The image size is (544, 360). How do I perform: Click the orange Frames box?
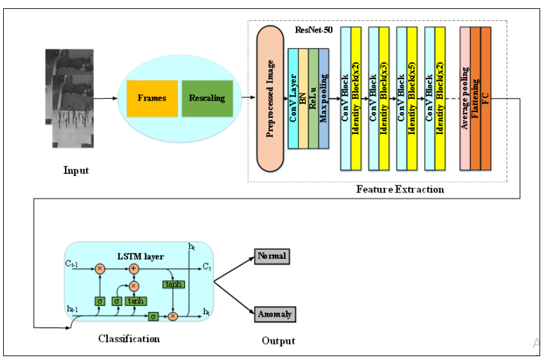(x=152, y=98)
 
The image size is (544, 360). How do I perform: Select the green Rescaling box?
(x=207, y=98)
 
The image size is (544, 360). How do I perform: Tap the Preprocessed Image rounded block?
(x=270, y=99)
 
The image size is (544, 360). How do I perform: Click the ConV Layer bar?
(x=293, y=99)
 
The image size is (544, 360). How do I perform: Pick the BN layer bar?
(x=304, y=99)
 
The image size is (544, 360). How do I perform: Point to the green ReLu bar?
(x=313, y=99)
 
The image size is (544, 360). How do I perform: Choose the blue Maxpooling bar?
(x=323, y=99)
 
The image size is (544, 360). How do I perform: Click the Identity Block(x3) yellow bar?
(x=383, y=99)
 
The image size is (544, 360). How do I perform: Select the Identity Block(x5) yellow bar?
(x=411, y=99)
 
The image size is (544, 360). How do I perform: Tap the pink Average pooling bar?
(x=465, y=99)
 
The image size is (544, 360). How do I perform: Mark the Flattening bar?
(x=475, y=99)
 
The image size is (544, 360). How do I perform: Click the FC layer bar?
(x=486, y=99)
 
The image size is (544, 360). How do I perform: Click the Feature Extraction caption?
(x=400, y=189)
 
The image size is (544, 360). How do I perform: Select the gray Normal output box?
(x=272, y=256)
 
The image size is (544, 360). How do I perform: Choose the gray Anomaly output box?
(x=276, y=313)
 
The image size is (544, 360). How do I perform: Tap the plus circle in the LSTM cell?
(x=134, y=269)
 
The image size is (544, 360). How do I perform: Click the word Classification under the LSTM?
(x=129, y=338)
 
